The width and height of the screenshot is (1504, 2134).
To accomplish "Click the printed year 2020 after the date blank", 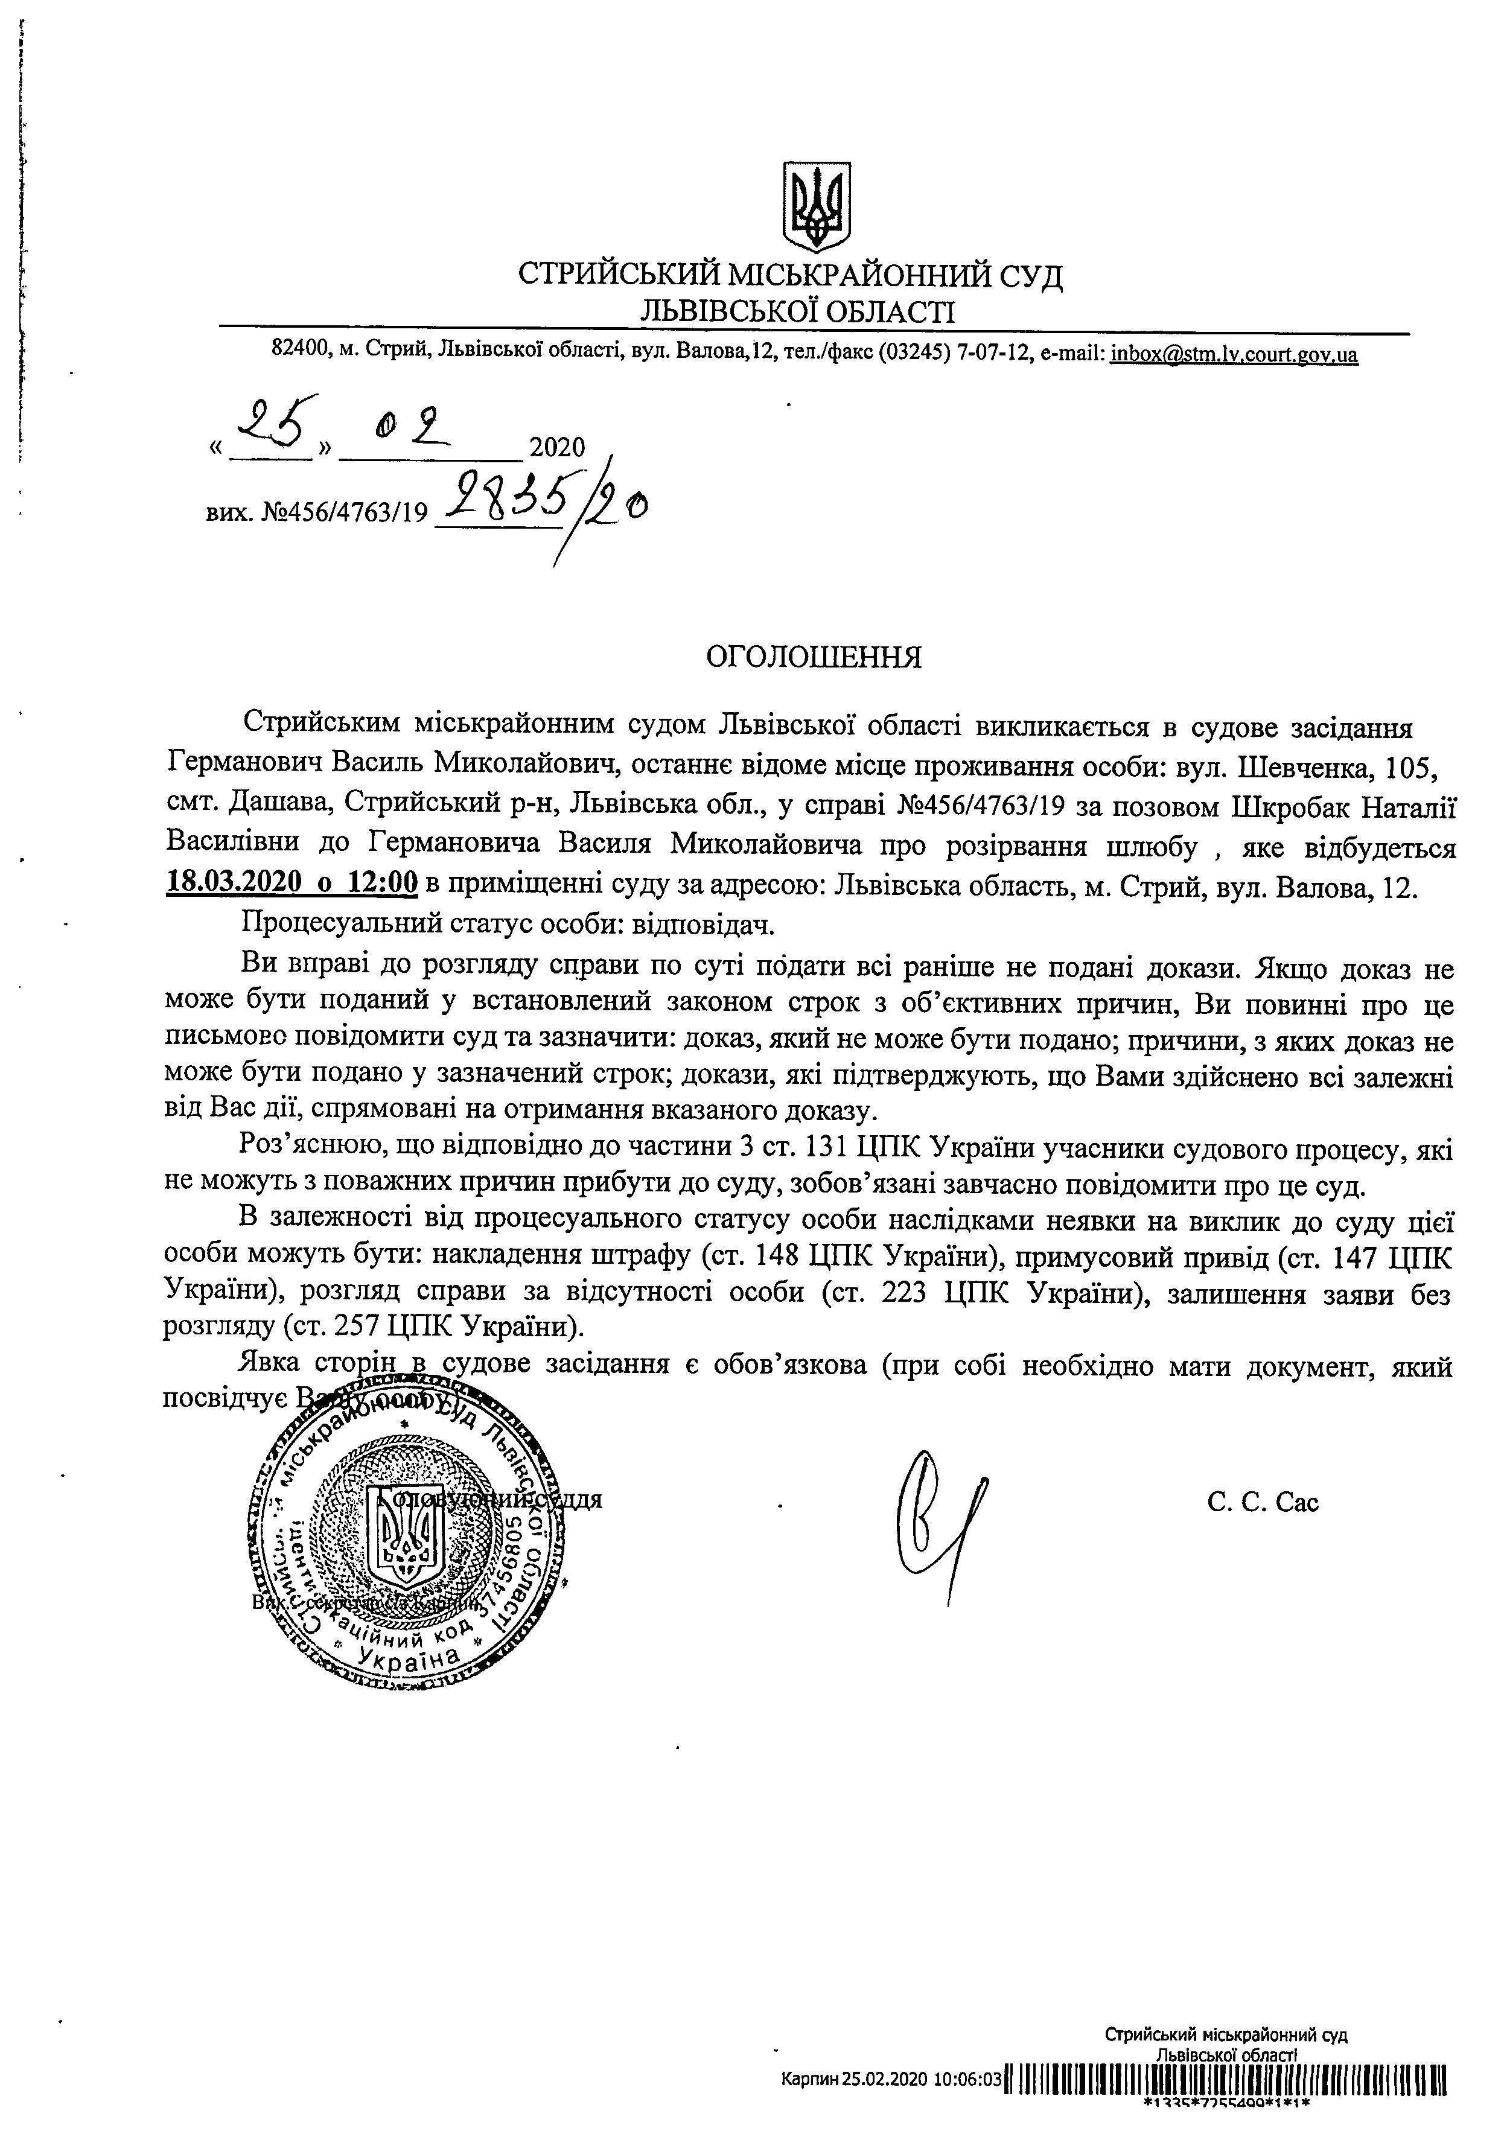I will point(557,448).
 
